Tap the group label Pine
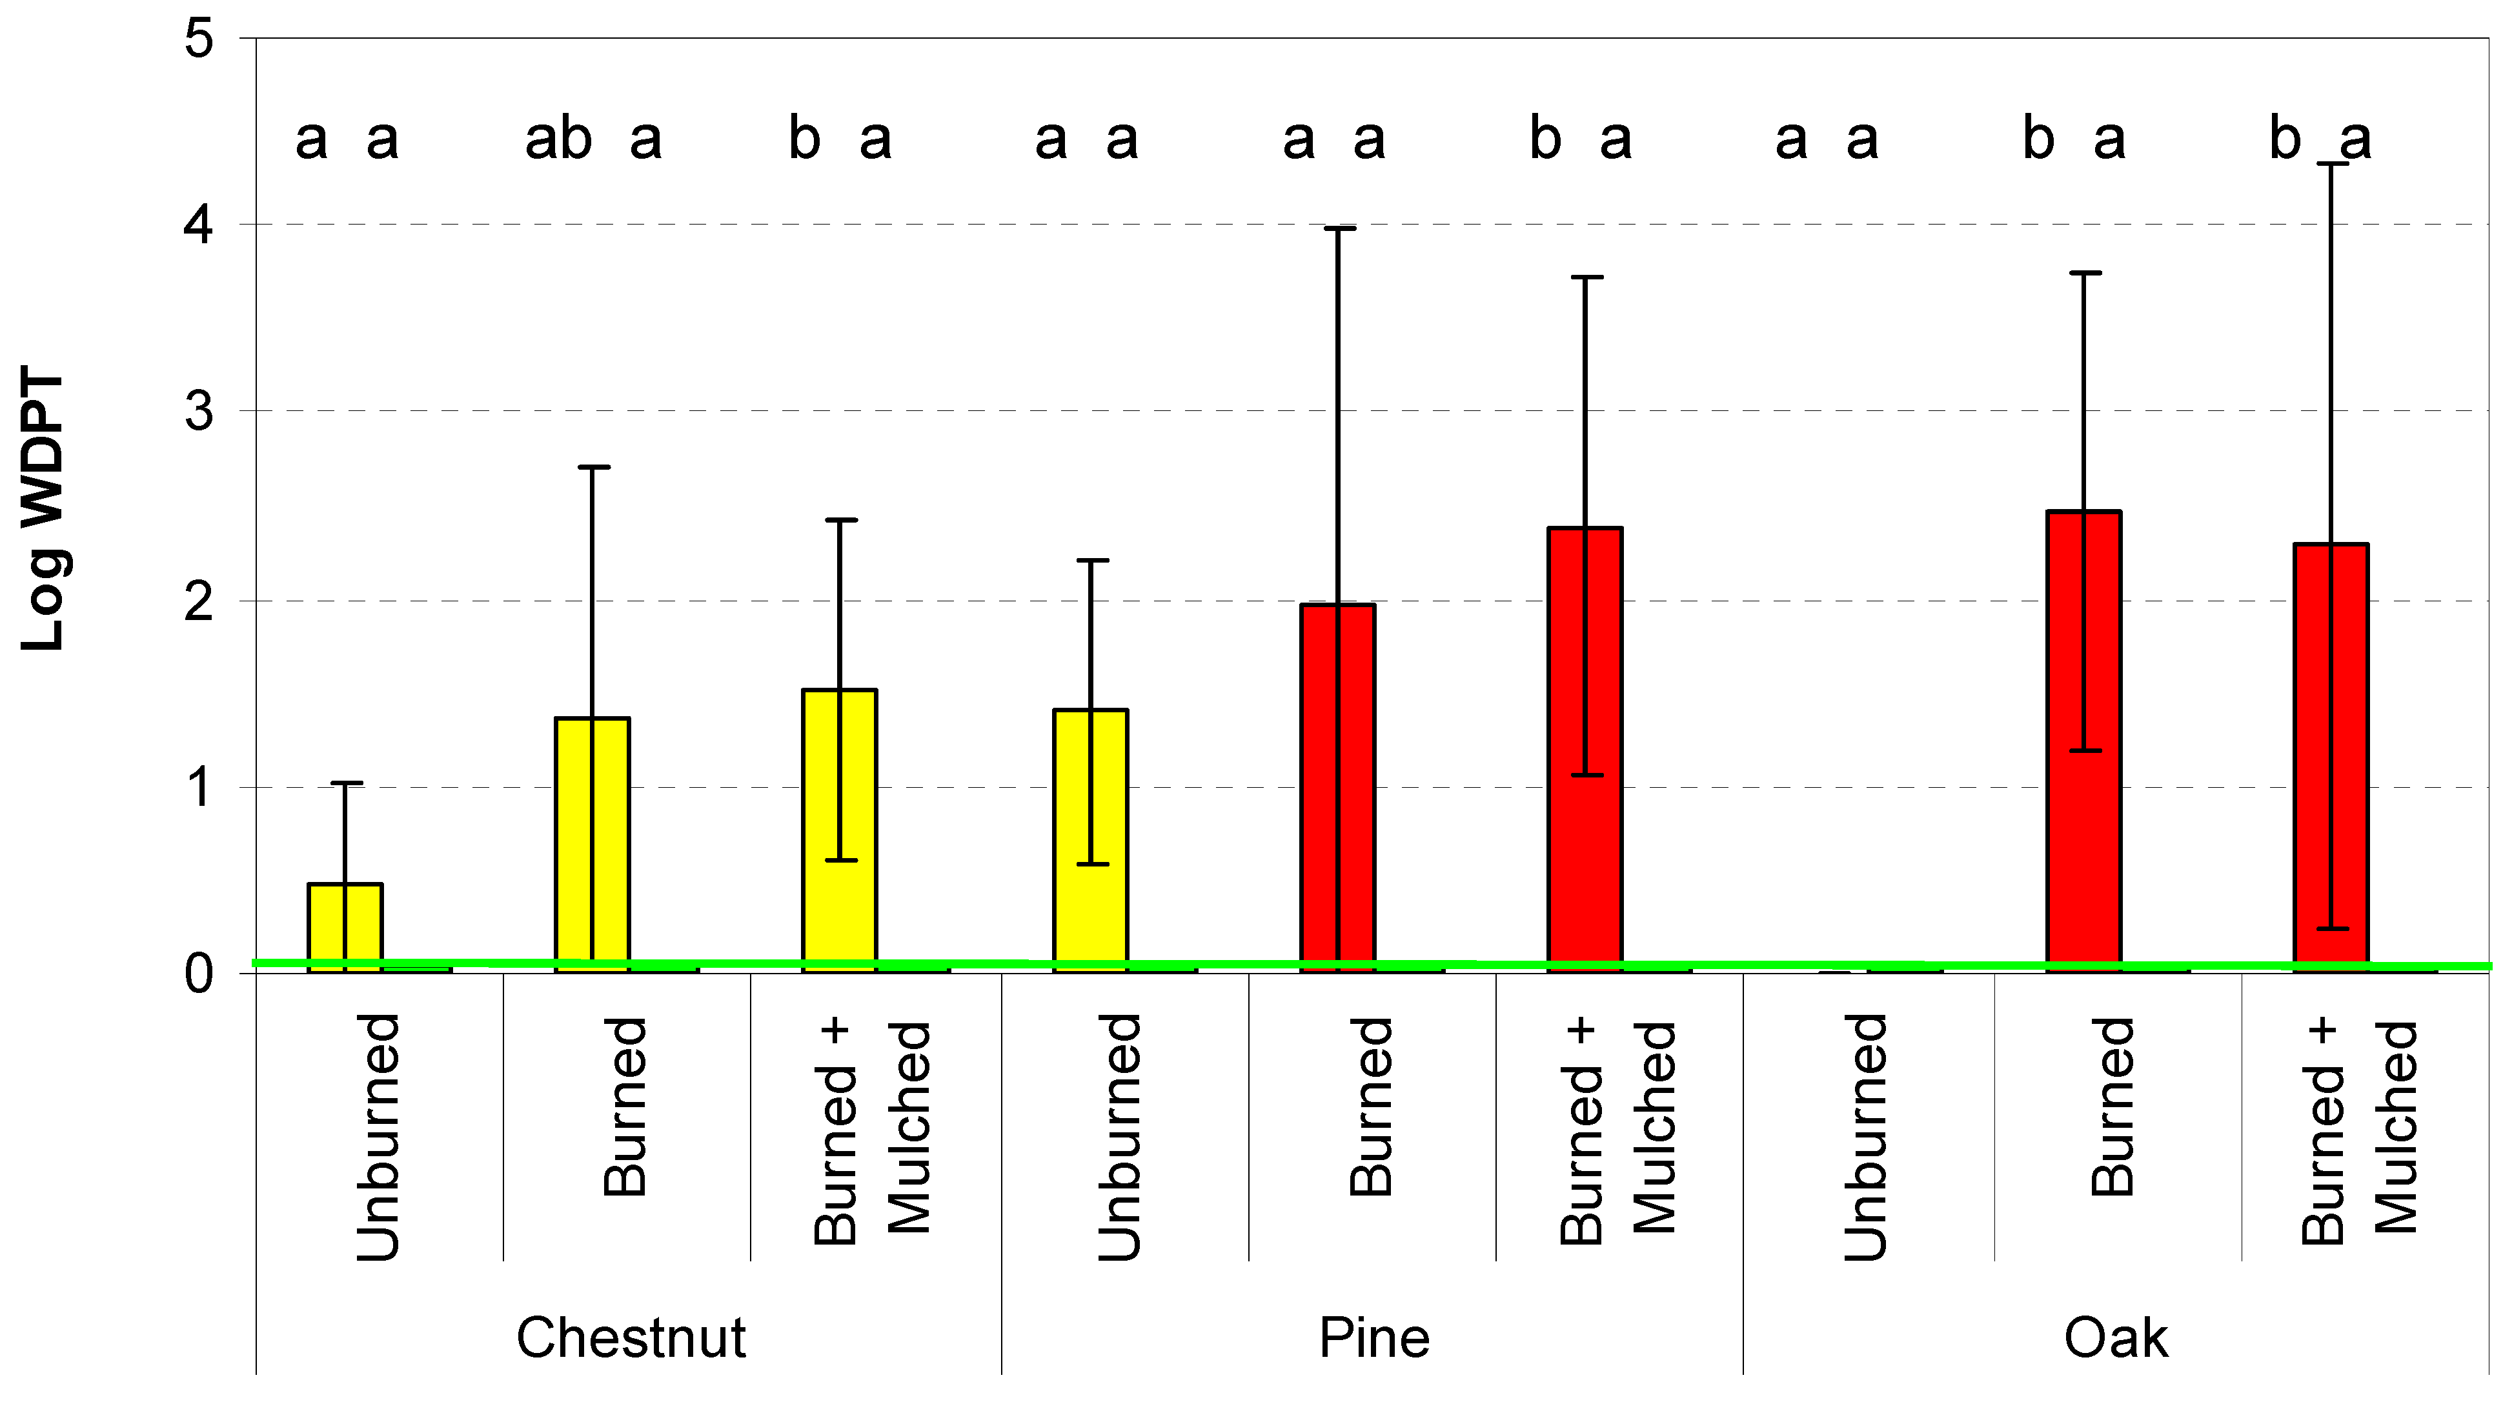tap(1374, 1338)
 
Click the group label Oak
tap(2115, 1338)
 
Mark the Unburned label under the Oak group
tap(1865, 1137)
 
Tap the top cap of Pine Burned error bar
tap(1338, 228)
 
